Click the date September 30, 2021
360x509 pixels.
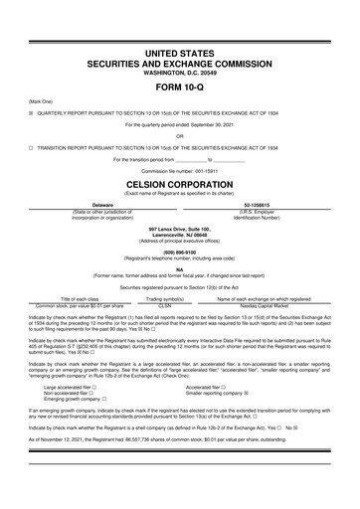(x=213, y=124)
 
